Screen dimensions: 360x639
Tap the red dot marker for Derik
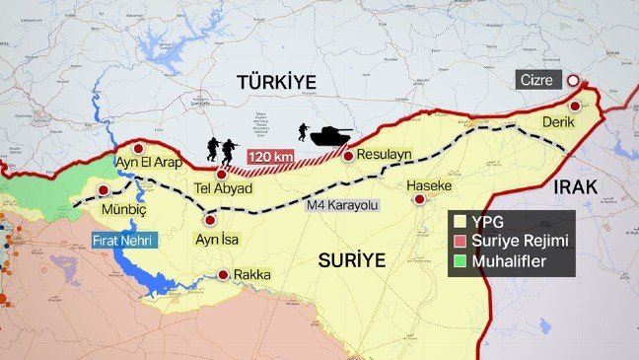[574, 106]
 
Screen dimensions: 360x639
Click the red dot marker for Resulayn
[348, 155]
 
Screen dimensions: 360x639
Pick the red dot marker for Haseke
[419, 199]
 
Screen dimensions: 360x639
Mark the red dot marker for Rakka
[225, 275]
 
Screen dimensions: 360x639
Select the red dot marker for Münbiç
[103, 191]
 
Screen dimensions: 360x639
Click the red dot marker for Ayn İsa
[208, 220]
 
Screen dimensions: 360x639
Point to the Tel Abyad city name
[221, 188]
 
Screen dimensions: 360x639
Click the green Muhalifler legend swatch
[460, 262]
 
